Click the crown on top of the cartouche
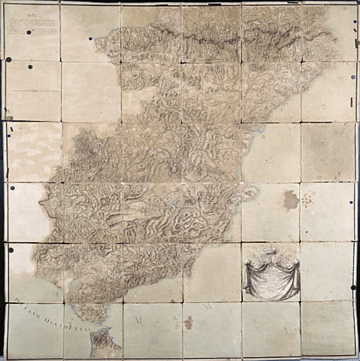(x=270, y=251)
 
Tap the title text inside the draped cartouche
(x=270, y=281)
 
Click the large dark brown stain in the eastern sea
(x=290, y=199)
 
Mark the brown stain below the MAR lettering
(x=188, y=323)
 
